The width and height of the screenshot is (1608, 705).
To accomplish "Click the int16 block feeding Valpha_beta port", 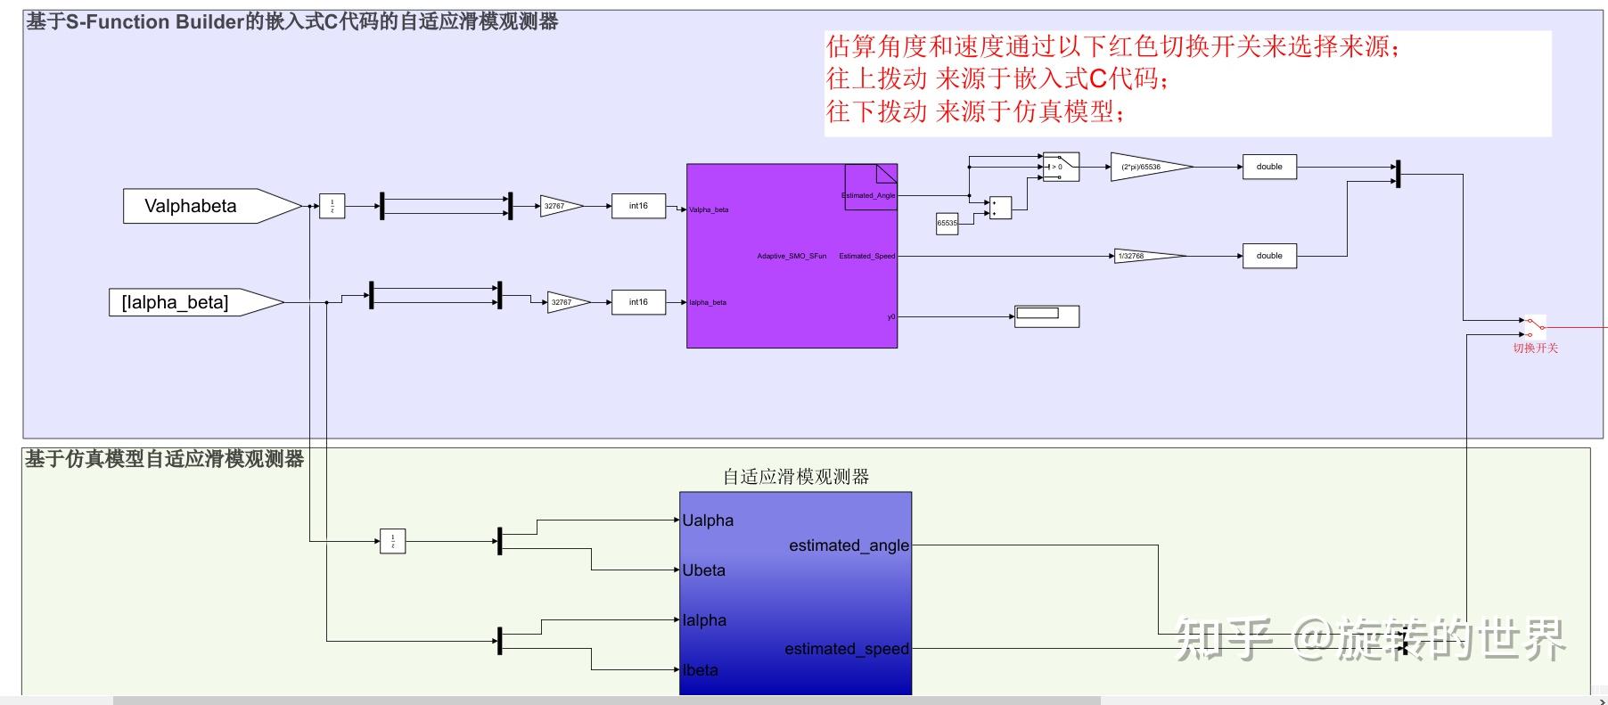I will pos(638,206).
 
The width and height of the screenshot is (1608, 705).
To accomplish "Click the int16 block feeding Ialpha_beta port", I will pos(638,302).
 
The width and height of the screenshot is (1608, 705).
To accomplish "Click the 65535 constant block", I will pos(947,224).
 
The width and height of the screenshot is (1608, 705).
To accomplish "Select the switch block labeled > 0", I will pos(1061,167).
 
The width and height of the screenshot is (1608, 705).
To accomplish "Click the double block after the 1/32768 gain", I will pos(1269,256).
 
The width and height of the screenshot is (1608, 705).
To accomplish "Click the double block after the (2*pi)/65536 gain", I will pos(1269,167).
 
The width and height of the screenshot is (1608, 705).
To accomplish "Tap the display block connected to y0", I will pos(1046,316).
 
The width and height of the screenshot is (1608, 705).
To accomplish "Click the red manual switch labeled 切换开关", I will pos(1534,326).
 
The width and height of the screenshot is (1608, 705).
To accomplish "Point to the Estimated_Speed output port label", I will pos(866,256).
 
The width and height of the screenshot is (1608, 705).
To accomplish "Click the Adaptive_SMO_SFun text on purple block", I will pos(792,256).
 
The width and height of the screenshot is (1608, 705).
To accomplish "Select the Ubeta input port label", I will pos(704,570).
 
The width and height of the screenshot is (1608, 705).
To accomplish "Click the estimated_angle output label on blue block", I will pos(849,545).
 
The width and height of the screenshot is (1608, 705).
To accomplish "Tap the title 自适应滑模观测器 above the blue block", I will pos(795,477).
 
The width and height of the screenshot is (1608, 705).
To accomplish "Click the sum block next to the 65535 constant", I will pos(1000,208).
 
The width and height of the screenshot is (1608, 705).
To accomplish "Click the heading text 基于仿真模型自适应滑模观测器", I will pos(164,459).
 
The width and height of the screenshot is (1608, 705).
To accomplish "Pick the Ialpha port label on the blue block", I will pos(704,620).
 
